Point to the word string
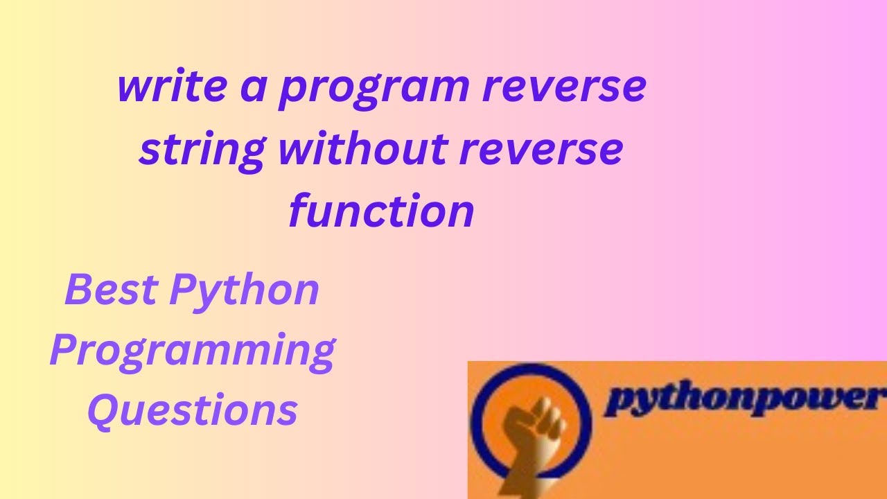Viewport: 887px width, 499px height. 202,151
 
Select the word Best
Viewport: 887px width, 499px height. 109,290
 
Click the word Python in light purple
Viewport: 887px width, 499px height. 244,291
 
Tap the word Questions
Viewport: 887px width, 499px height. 193,410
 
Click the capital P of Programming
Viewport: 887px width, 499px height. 63,349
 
